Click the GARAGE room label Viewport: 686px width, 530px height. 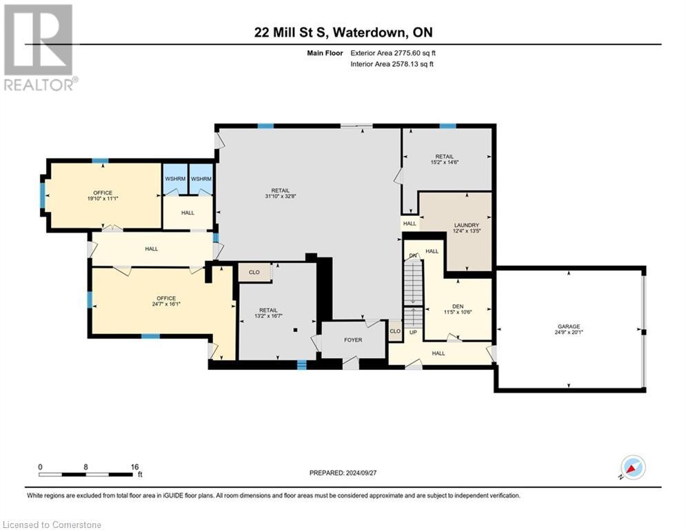click(x=569, y=326)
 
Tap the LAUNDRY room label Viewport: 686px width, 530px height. click(x=466, y=225)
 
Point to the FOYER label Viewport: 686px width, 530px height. click(x=354, y=340)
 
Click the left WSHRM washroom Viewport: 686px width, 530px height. click(x=174, y=179)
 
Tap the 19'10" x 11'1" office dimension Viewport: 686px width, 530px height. click(x=103, y=199)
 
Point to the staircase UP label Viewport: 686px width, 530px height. click(x=413, y=332)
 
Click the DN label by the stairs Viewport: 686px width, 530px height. click(x=413, y=255)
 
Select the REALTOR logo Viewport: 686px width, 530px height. click(x=39, y=47)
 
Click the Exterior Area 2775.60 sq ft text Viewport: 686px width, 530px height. click(x=393, y=52)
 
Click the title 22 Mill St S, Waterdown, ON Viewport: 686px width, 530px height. click(x=343, y=32)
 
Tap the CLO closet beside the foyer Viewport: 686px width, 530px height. click(x=395, y=331)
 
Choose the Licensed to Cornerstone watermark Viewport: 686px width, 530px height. click(x=51, y=524)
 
